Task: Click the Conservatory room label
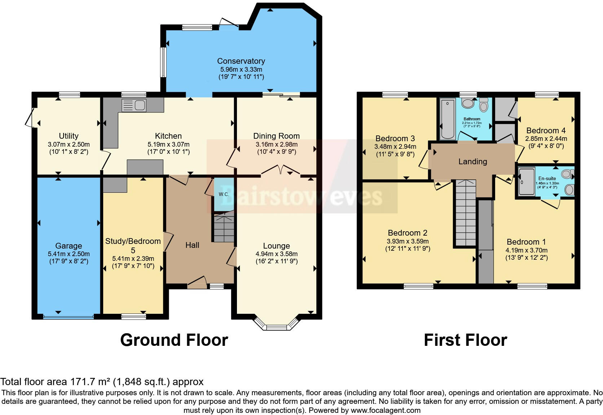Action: coord(241,61)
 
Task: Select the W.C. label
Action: coord(224,194)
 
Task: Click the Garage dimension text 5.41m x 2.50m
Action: coord(69,254)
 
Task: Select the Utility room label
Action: coord(69,136)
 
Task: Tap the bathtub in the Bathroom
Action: coord(448,119)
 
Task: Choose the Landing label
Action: coord(472,161)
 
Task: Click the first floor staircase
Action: coord(465,213)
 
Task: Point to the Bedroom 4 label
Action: coord(546,130)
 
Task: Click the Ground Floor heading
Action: coord(174,340)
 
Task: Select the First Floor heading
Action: coord(465,340)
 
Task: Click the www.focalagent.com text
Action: coord(385,410)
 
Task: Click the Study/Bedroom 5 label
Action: coord(133,245)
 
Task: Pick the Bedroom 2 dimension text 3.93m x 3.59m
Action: coord(408,241)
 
